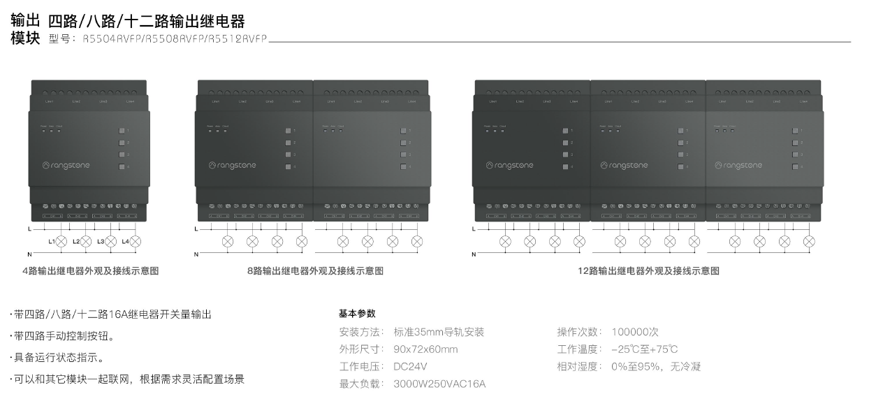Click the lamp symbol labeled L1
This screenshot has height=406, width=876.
[x=61, y=242]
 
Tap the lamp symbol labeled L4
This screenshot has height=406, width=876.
[x=136, y=242]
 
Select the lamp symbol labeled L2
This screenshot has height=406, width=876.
[x=86, y=242]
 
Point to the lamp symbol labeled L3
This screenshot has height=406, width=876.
[x=110, y=242]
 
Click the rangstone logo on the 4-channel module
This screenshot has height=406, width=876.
[x=66, y=166]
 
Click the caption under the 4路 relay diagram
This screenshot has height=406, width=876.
[x=90, y=271]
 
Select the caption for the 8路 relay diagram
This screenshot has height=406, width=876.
[x=315, y=271]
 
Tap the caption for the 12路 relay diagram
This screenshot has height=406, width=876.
[x=649, y=271]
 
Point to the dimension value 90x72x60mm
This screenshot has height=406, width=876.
[x=425, y=349]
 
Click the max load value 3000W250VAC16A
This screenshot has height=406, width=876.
[x=439, y=384]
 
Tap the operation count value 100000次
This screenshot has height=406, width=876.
[x=635, y=332]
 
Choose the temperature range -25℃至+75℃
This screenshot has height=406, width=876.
[x=644, y=349]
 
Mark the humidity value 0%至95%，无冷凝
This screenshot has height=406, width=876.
[x=656, y=366]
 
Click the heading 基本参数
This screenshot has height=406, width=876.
[x=357, y=314]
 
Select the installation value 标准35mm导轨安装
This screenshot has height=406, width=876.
[x=439, y=332]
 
